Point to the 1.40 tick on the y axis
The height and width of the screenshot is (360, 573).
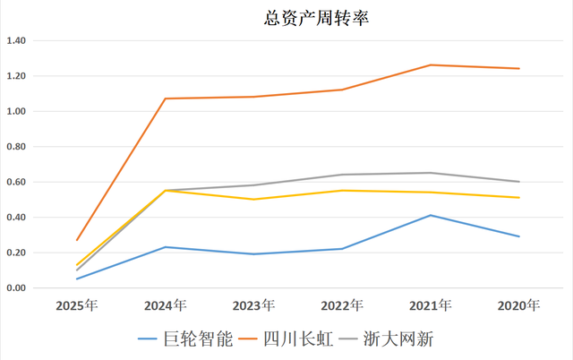coord(17,41)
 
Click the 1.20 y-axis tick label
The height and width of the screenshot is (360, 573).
coord(17,76)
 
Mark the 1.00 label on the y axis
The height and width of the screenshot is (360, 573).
coord(17,112)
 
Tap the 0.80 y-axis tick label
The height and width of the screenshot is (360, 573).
coord(17,147)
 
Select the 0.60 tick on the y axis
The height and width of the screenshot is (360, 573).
coord(17,182)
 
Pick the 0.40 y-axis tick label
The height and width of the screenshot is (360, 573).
coord(17,218)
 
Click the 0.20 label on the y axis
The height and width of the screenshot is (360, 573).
coord(17,253)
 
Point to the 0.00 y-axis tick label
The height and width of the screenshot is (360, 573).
coord(17,288)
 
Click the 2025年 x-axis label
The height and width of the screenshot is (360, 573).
coord(77,306)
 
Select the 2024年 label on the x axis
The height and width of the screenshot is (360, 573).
coord(166,306)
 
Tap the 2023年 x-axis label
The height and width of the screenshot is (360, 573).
coord(253,306)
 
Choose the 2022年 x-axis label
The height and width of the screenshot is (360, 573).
coord(342,306)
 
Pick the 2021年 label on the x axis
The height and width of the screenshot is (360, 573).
coord(431,306)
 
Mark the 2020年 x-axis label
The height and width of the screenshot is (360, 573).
coord(519,306)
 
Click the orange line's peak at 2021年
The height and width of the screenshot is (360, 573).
coord(431,64)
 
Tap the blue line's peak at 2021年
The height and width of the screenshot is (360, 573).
coord(431,215)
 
